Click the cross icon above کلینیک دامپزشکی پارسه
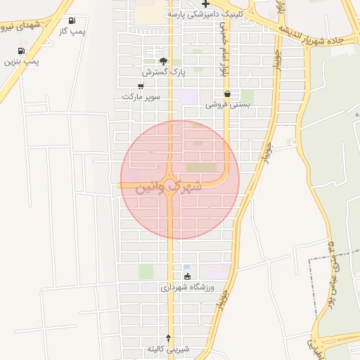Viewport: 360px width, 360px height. (205, 4)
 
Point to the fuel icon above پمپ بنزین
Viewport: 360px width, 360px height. (22, 51)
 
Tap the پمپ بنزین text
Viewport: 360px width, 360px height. (21, 61)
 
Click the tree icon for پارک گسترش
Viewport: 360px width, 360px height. (164, 62)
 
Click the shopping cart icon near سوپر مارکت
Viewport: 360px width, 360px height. (141, 86)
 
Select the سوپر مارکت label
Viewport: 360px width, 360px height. (141, 96)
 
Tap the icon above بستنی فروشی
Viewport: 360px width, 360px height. (228, 94)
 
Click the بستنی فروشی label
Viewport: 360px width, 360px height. (228, 104)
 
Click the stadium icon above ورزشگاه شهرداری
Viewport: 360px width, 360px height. (186, 276)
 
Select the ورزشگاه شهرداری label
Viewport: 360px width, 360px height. (186, 287)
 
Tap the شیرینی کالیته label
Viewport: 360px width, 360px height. (168, 349)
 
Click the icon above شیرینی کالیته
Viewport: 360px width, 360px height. (168, 338)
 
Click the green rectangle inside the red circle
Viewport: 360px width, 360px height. (202, 167)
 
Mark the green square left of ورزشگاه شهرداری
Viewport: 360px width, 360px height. (146, 271)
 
